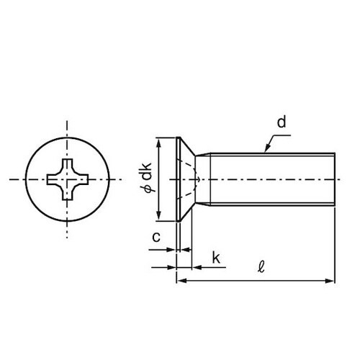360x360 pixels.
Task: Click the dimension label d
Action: coord(282,122)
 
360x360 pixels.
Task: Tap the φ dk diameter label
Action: coord(147,177)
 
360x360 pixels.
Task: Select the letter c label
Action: coord(156,237)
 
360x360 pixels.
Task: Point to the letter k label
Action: coord(216,258)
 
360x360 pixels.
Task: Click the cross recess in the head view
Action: coord(68,179)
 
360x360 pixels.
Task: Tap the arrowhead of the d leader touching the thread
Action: coord(267,148)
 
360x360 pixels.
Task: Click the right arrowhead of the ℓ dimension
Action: coord(330,281)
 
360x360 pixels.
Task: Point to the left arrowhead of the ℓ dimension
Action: coord(181,281)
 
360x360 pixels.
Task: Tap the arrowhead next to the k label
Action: coord(197,267)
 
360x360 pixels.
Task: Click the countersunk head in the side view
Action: coord(185,179)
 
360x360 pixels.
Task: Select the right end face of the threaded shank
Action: coord(335,179)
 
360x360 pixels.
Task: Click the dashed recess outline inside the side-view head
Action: coord(189,179)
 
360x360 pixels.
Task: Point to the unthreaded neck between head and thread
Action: coord(203,179)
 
